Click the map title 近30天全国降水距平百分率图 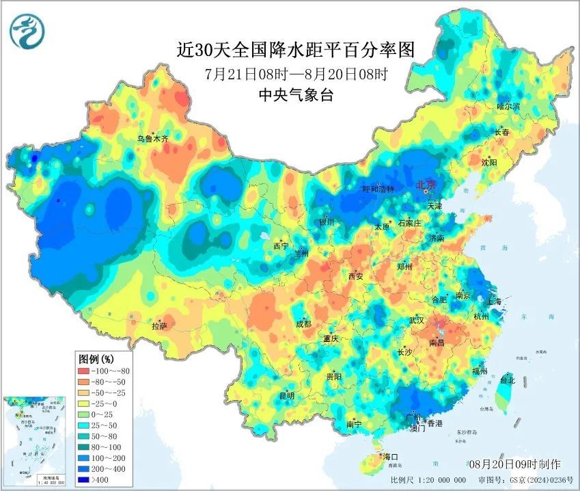point(295,49)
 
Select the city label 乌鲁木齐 point(152,138)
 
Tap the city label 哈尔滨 point(508,106)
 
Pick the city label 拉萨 point(159,327)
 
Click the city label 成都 point(304,324)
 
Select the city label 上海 point(493,302)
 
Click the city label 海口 point(390,456)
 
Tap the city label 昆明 point(286,395)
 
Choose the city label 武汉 point(416,320)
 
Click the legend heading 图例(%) point(96,358)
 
